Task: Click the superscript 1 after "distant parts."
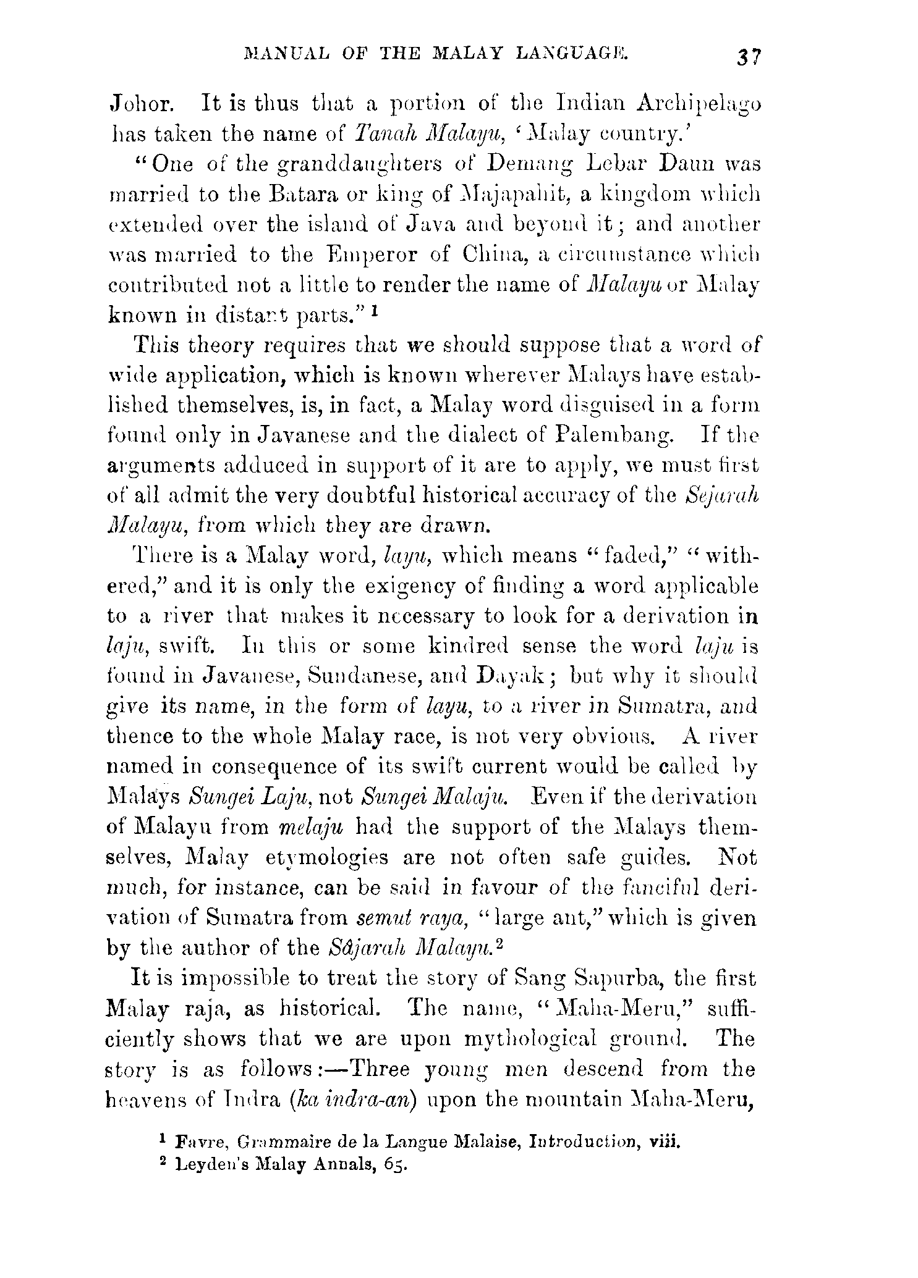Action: (x=375, y=312)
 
